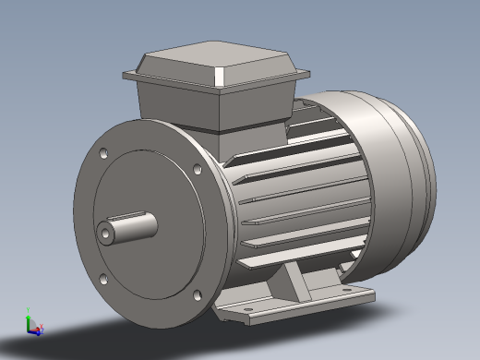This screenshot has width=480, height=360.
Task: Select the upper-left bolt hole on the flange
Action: click(102, 150)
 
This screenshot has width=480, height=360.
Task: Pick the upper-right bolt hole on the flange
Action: click(198, 168)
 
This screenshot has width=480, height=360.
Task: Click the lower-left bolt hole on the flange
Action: click(103, 278)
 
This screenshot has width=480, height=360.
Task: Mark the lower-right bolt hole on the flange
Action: click(196, 296)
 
